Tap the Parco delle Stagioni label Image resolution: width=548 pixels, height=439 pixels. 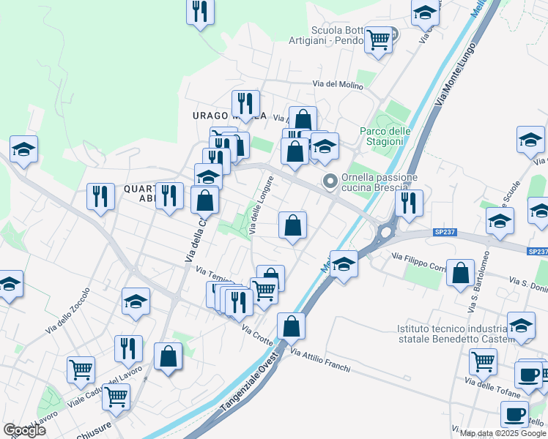385,136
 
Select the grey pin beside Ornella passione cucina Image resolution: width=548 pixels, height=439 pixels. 330,181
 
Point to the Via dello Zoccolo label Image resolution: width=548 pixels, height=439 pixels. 68,311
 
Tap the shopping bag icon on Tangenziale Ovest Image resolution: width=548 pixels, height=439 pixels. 291,326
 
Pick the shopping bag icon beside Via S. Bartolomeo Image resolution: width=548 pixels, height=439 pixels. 460,273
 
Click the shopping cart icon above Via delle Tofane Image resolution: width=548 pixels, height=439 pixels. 483,361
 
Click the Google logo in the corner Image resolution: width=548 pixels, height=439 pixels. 24,430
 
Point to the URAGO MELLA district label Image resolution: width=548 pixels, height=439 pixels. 229,116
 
